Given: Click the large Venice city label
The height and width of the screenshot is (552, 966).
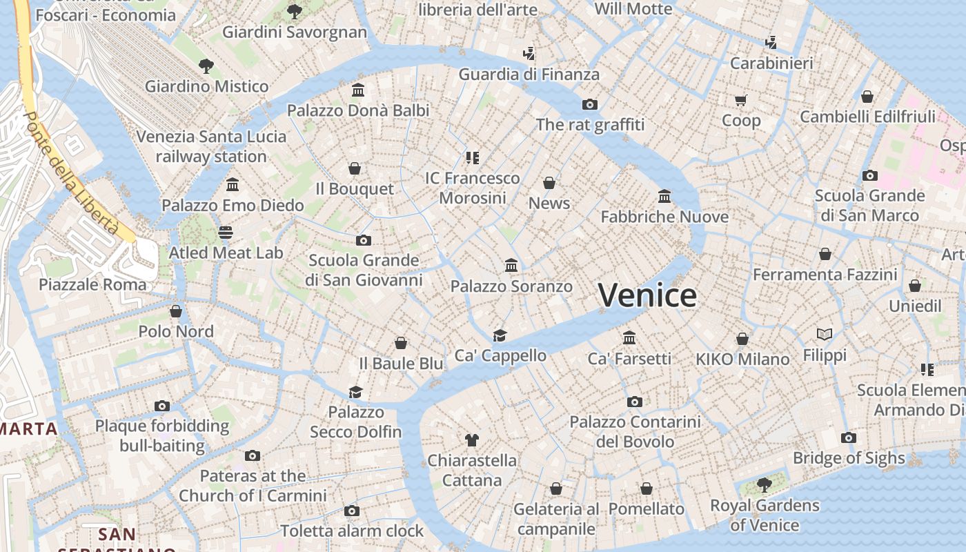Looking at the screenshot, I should point(647,295).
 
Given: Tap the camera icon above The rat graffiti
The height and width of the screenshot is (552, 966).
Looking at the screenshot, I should point(589,104).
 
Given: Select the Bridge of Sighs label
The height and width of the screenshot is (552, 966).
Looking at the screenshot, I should point(849,458).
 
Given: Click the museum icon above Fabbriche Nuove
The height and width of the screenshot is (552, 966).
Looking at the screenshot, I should point(664,197).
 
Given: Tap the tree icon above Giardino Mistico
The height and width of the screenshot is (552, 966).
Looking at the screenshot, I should point(206,66).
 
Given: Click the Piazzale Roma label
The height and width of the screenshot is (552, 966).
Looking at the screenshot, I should point(92,284).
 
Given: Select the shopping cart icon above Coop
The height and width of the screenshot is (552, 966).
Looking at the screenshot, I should point(741,101).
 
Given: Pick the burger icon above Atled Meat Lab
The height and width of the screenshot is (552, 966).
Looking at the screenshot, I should point(226,233).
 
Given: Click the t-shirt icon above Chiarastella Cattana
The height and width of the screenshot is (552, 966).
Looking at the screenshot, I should point(472,440).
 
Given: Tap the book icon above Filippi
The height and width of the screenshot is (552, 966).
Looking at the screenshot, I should point(825,335).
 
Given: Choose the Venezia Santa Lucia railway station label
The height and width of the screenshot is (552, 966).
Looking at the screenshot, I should point(211,146).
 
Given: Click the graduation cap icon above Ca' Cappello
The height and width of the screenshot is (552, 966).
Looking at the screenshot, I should point(500,335).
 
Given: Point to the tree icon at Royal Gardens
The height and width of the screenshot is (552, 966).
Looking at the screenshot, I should point(764,485).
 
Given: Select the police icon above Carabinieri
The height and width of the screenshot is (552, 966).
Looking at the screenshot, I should point(771,43).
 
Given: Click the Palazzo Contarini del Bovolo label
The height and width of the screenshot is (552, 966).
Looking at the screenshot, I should point(635,431).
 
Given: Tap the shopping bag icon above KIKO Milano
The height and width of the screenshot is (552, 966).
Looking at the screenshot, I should point(742,339).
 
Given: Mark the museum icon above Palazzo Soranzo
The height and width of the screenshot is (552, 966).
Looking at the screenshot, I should point(511,266).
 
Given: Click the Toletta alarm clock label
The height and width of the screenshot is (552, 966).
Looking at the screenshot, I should point(352,531).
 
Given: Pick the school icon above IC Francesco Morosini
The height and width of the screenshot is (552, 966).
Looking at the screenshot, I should point(472,158).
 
